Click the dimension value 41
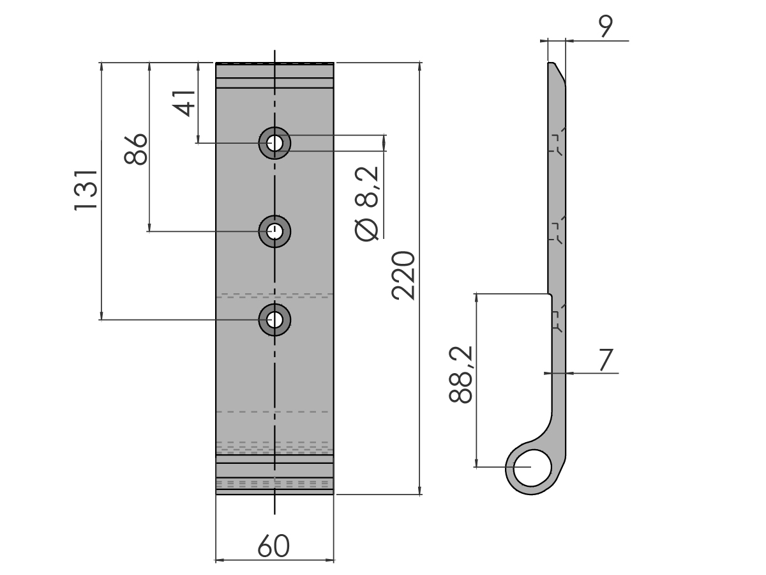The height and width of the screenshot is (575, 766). coord(184,103)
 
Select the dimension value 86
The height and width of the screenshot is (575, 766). coord(136,149)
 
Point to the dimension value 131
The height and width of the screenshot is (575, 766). coord(86,190)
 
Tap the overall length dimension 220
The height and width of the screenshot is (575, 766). coord(403,276)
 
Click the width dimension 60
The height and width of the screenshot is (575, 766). coord(274,546)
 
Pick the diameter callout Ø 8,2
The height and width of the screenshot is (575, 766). coord(366,204)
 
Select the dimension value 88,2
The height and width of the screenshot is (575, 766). coord(460,374)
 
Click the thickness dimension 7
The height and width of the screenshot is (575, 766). coord(606,360)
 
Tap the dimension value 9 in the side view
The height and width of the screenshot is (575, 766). coord(606,26)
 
